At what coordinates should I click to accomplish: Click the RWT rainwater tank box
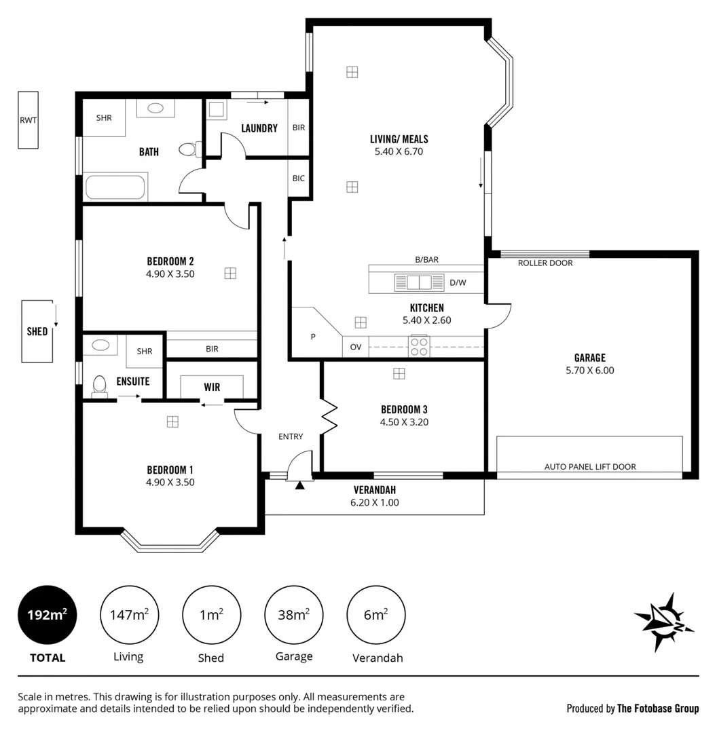click(x=29, y=120)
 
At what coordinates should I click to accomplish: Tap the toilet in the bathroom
click(x=188, y=149)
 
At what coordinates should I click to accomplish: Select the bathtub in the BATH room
click(x=115, y=187)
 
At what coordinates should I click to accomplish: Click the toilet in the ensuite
click(x=99, y=386)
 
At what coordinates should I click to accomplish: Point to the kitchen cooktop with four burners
click(x=419, y=346)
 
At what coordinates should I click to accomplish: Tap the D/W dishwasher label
click(x=458, y=282)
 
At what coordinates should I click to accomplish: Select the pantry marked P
click(x=313, y=335)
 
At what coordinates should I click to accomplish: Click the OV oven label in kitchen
click(x=355, y=346)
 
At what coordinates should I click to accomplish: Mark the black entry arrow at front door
click(x=299, y=485)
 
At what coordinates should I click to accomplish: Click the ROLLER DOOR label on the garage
click(x=545, y=263)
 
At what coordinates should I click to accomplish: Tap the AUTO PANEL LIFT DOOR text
click(x=589, y=467)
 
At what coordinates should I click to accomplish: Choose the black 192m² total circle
click(x=47, y=615)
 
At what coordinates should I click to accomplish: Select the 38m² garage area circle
click(x=294, y=615)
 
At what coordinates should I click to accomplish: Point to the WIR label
click(x=212, y=388)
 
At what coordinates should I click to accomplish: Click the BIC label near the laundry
click(x=298, y=178)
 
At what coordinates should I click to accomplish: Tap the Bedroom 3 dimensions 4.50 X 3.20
click(x=403, y=421)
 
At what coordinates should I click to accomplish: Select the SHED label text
click(x=37, y=331)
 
